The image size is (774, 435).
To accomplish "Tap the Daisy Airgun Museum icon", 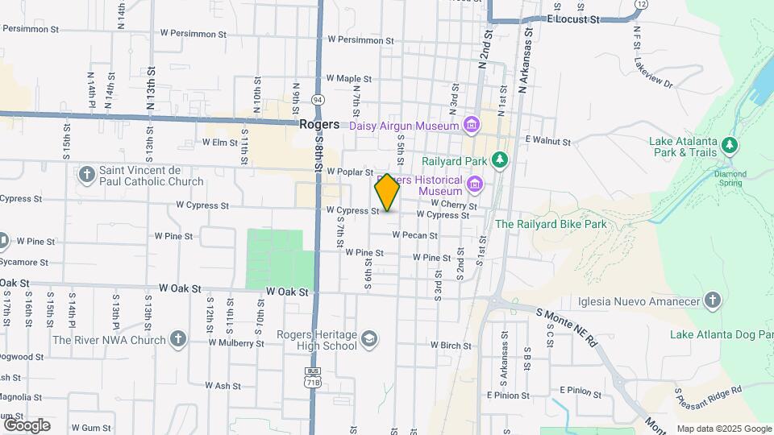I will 472,125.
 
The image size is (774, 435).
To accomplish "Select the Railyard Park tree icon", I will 501,160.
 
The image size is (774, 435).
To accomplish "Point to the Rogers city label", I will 318,125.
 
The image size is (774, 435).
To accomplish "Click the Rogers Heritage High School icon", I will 369,339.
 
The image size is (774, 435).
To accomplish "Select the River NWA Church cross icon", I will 178,339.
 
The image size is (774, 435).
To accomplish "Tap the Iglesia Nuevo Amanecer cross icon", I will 711,301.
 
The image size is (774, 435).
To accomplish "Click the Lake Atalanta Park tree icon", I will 730,146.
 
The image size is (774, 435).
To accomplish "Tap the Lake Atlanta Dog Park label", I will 721,334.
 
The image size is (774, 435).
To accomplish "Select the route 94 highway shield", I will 318,99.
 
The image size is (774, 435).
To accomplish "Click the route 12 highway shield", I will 640,4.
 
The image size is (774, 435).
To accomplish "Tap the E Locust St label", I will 573,18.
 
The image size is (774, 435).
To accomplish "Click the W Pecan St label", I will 414,235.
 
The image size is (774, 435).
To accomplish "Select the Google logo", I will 27,425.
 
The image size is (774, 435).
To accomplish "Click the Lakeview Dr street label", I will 653,72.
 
